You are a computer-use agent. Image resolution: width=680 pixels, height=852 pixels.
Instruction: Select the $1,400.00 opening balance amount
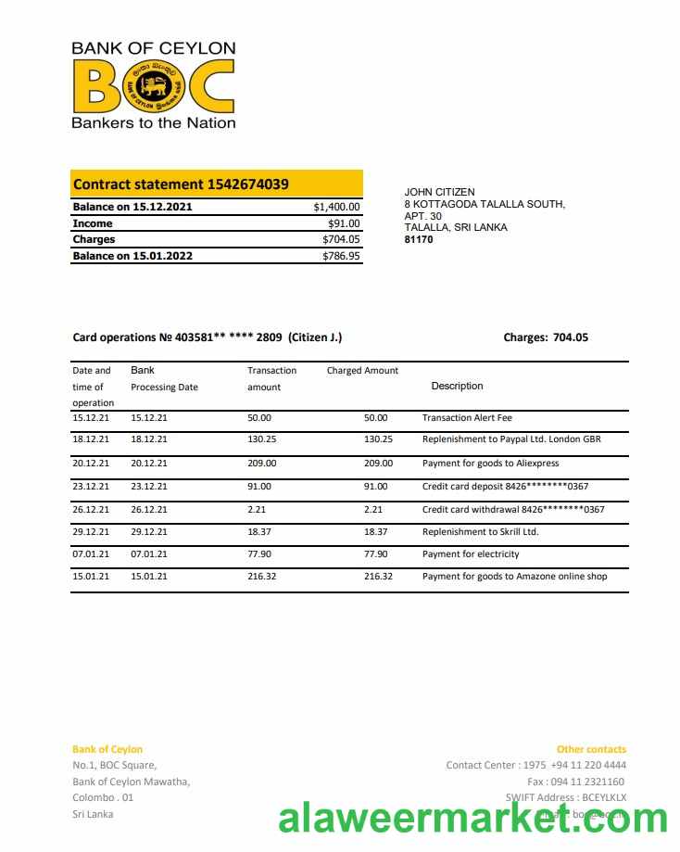pyautogui.click(x=336, y=207)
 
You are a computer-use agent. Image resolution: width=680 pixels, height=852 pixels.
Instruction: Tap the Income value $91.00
pyautogui.click(x=344, y=223)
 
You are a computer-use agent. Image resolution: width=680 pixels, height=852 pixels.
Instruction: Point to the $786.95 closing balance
pyautogui.click(x=341, y=256)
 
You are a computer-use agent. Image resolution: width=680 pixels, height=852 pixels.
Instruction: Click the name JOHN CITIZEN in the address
pyautogui.click(x=439, y=192)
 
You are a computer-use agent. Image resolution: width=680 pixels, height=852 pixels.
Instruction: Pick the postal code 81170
pyautogui.click(x=419, y=239)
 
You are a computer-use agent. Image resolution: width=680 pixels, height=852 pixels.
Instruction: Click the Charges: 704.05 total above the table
pyautogui.click(x=546, y=337)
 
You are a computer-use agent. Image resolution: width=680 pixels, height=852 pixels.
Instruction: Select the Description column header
pyautogui.click(x=457, y=386)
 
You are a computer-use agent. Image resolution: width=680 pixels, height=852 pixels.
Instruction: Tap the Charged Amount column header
pyautogui.click(x=362, y=370)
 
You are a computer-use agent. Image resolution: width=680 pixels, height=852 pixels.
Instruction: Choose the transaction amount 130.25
pyautogui.click(x=262, y=439)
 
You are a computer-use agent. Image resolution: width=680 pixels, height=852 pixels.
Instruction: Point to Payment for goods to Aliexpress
pyautogui.click(x=490, y=463)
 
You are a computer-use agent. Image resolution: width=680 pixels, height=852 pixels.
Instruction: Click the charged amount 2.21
pyautogui.click(x=373, y=509)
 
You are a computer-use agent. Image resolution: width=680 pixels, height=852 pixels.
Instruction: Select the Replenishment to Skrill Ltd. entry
pyautogui.click(x=480, y=531)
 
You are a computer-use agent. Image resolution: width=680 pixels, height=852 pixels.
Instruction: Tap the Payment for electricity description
pyautogui.click(x=471, y=553)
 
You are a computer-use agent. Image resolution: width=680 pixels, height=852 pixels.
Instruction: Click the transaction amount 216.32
pyautogui.click(x=262, y=576)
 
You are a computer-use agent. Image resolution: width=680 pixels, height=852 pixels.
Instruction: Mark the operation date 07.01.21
pyautogui.click(x=91, y=553)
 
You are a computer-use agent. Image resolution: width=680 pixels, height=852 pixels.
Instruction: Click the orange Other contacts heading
pyautogui.click(x=591, y=749)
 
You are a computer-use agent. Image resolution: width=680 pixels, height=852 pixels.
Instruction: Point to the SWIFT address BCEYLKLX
pyautogui.click(x=605, y=797)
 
